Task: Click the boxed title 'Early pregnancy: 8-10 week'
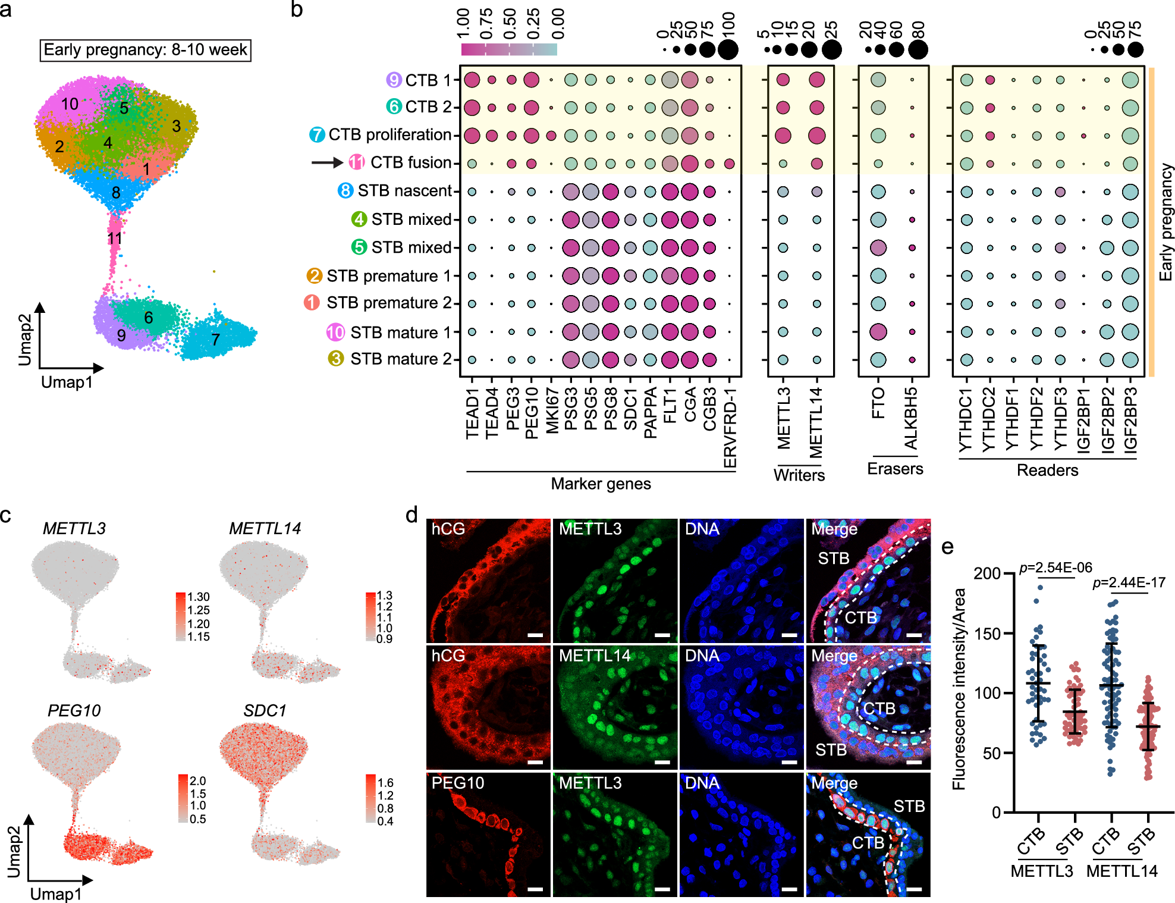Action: (145, 50)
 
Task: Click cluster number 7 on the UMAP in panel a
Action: (216, 340)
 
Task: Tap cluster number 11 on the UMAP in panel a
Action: (115, 239)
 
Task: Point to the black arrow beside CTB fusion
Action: (327, 162)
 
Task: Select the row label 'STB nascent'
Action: (404, 191)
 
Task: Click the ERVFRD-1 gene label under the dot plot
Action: (730, 428)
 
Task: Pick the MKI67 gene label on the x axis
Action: (552, 410)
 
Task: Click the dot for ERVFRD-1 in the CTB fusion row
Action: (729, 164)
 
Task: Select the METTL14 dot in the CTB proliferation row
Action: (816, 136)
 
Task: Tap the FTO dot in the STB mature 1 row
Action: (878, 332)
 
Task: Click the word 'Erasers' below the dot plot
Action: (895, 469)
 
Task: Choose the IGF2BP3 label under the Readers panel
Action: (1130, 420)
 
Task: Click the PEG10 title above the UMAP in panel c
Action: (74, 710)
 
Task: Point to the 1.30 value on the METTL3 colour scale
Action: (199, 597)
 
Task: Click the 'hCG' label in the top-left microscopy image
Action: (448, 529)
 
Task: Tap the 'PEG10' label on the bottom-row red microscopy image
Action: (458, 783)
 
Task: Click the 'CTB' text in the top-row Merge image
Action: (860, 617)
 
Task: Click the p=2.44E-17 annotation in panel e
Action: (1129, 582)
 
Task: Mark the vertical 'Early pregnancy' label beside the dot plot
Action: (1165, 222)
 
